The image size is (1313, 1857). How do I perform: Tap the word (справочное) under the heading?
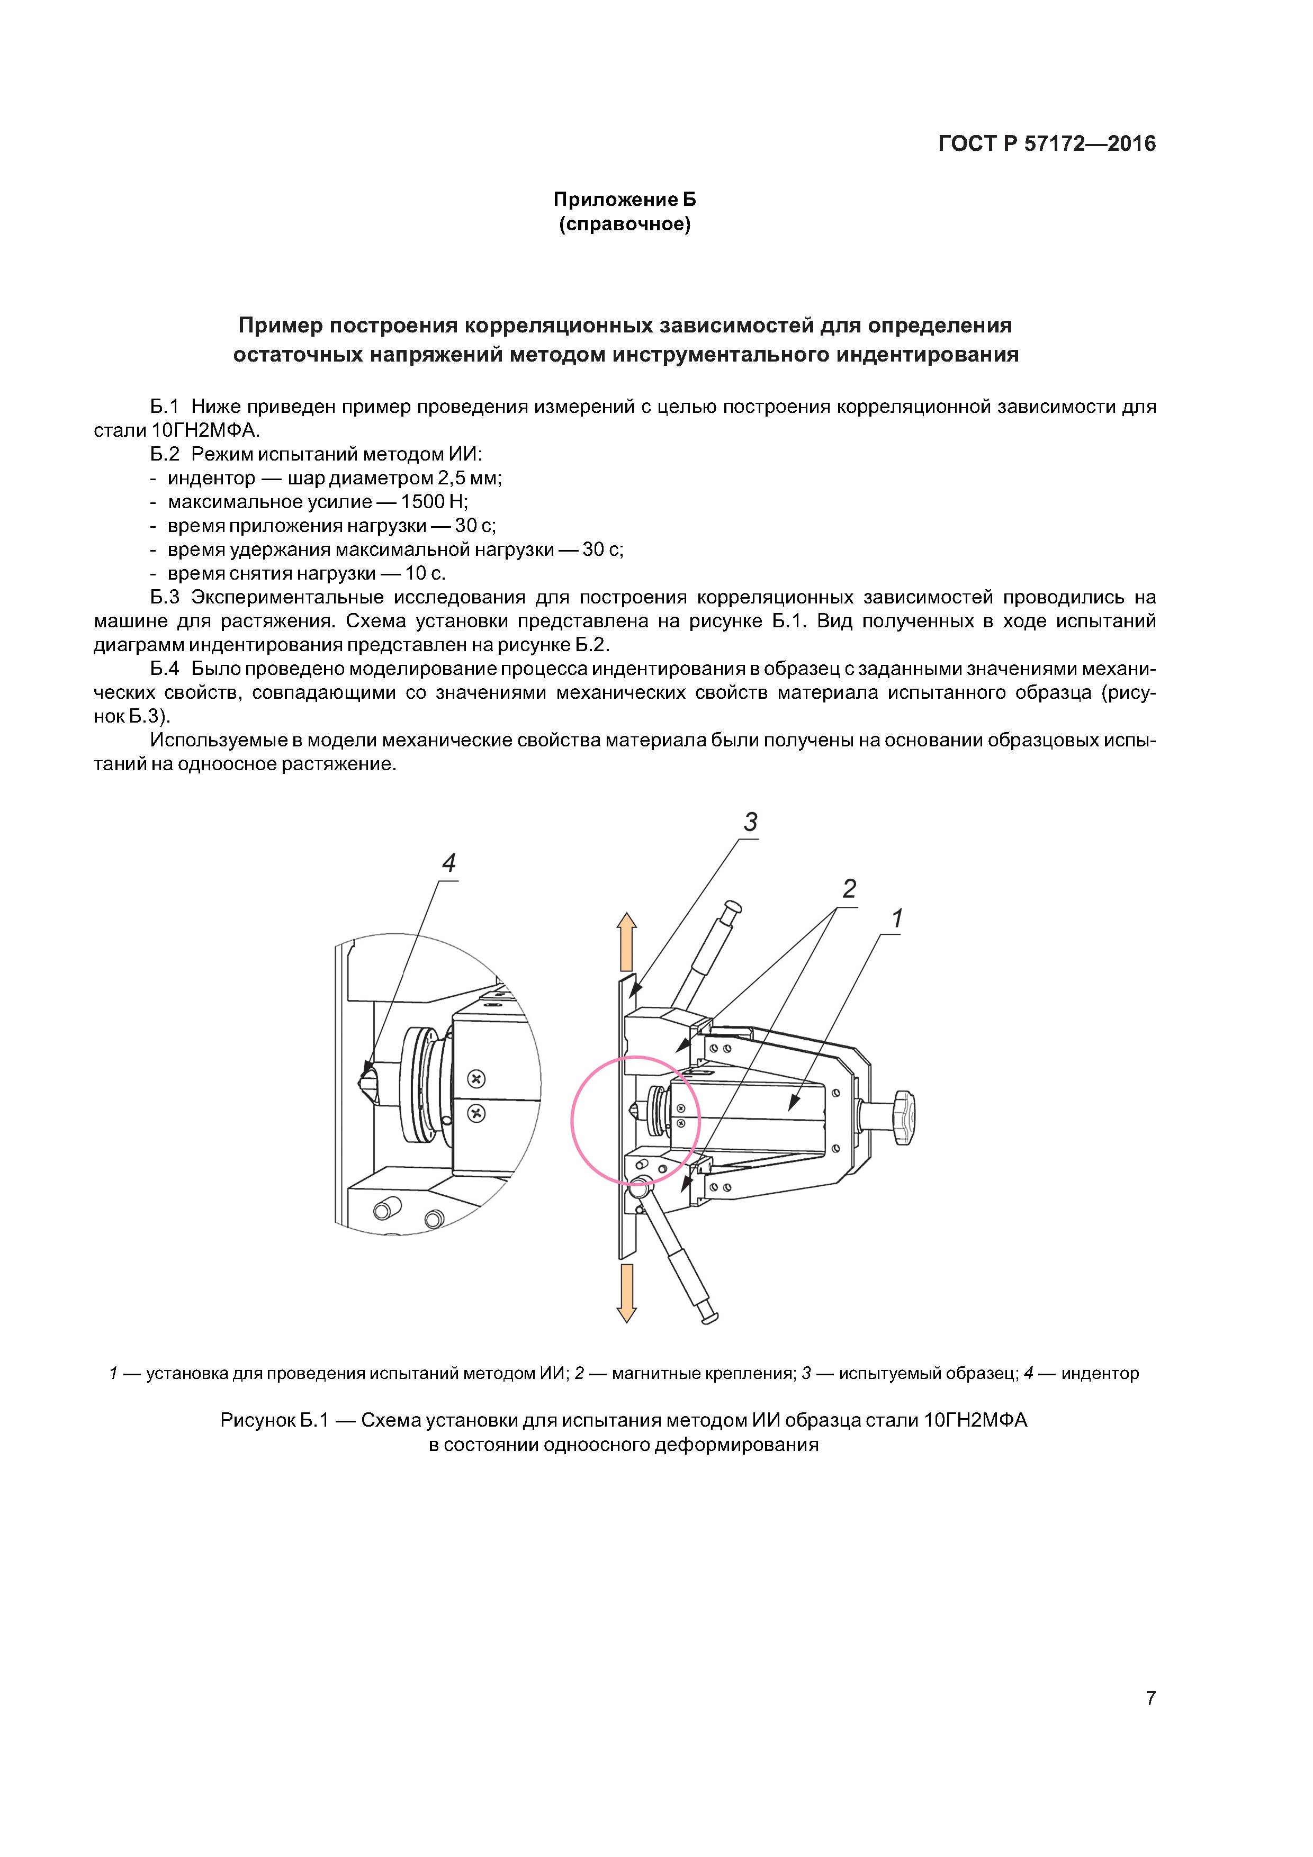(x=625, y=224)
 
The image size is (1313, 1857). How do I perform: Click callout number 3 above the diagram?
(x=750, y=822)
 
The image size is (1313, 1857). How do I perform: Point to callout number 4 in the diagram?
(x=448, y=863)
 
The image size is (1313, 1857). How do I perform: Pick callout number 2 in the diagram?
(x=849, y=889)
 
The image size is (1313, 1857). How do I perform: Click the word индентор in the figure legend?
(x=1100, y=1373)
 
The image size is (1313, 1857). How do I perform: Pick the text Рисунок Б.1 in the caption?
(x=274, y=1420)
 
